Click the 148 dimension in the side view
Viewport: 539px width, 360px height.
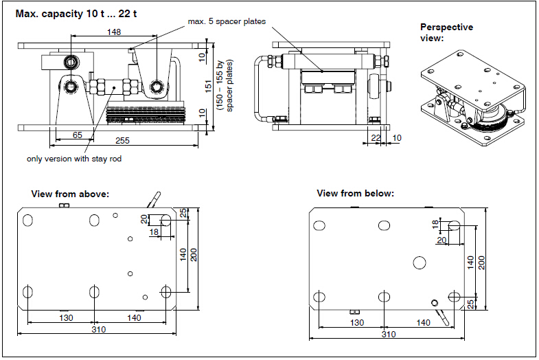click(x=114, y=32)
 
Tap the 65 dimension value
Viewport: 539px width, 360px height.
click(x=78, y=135)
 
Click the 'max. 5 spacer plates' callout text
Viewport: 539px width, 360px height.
click(x=227, y=21)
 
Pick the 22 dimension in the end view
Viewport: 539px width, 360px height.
click(x=376, y=137)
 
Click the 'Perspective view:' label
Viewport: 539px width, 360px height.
click(x=446, y=32)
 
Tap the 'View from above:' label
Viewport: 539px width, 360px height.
click(x=70, y=194)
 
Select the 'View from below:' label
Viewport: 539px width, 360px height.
click(x=355, y=194)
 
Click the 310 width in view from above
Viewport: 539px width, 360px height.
click(x=98, y=329)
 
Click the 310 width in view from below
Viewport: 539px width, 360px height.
click(x=389, y=334)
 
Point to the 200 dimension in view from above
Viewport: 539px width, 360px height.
click(x=194, y=254)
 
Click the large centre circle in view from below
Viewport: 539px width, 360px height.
click(x=420, y=262)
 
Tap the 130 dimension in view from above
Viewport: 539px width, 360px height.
click(x=67, y=317)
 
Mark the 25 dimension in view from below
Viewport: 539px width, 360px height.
click(x=470, y=303)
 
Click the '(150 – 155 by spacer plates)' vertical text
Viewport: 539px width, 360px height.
click(x=226, y=84)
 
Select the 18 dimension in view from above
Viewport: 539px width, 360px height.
click(x=154, y=233)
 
